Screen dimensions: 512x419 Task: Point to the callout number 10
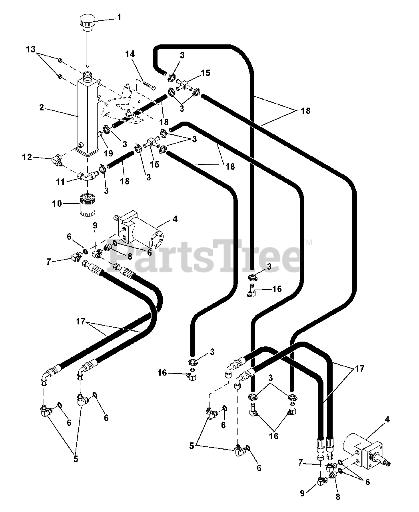tap(57, 204)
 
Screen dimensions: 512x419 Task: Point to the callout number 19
tap(108, 153)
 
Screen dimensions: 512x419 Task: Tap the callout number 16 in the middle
tap(277, 288)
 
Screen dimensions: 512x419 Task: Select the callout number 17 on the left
tap(81, 321)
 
